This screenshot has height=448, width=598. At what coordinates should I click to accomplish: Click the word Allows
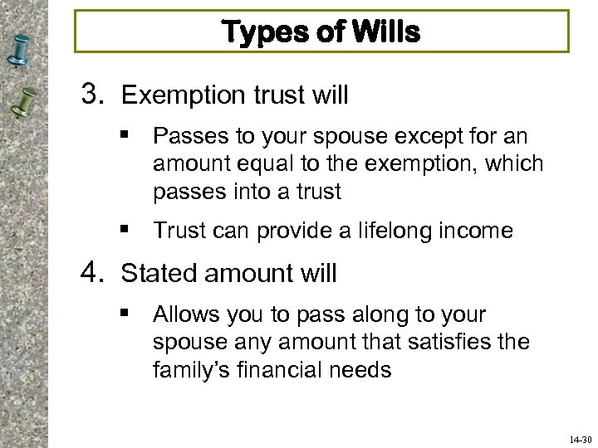184,314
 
